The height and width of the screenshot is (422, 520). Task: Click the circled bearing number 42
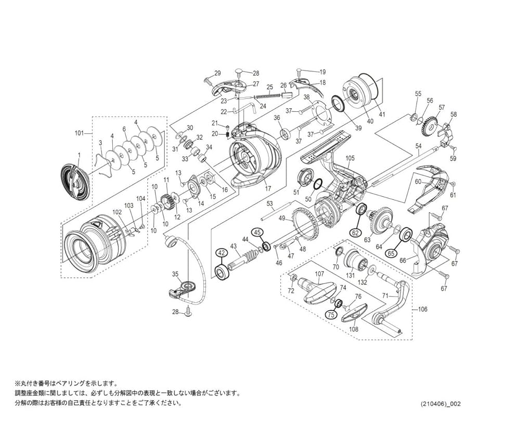coord(222,252)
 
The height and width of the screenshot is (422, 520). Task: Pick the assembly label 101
coord(79,133)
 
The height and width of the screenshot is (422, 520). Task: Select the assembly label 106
coord(422,309)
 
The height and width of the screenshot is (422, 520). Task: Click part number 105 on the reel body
coord(349,158)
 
